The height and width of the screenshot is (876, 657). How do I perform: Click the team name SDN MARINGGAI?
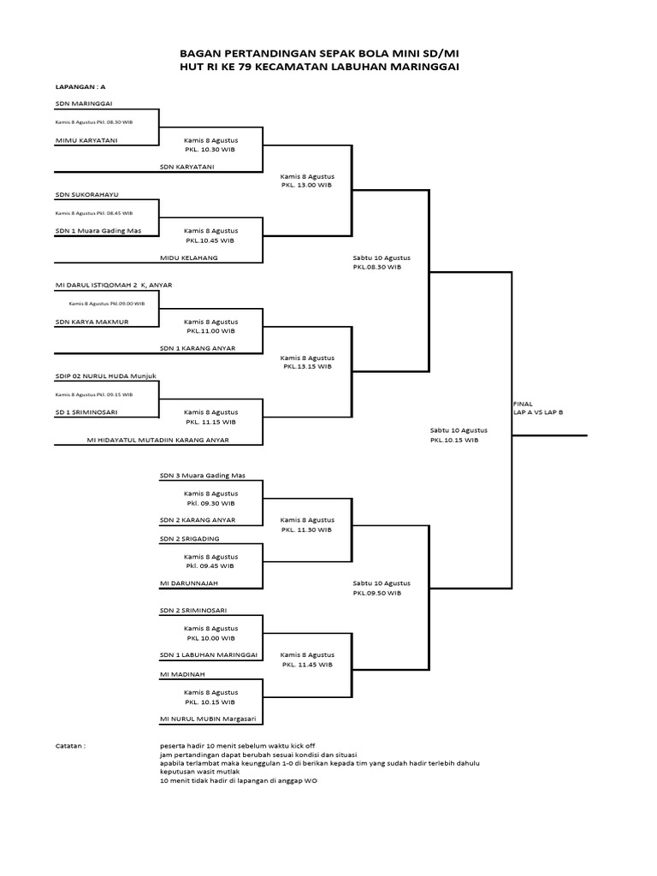[83, 103]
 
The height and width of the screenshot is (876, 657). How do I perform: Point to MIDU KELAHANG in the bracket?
[188, 257]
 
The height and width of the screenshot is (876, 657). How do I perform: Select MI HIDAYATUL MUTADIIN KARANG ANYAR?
[158, 440]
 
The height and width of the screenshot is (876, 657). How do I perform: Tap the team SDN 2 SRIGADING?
[184, 538]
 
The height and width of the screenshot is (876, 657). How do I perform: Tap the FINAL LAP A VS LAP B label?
[537, 407]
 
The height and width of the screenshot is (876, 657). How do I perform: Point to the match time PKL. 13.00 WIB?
[306, 184]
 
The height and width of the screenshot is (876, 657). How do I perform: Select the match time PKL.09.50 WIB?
[376, 592]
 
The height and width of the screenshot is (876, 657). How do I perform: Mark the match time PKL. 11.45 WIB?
[307, 664]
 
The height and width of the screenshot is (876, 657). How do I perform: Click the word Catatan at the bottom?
[72, 746]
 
